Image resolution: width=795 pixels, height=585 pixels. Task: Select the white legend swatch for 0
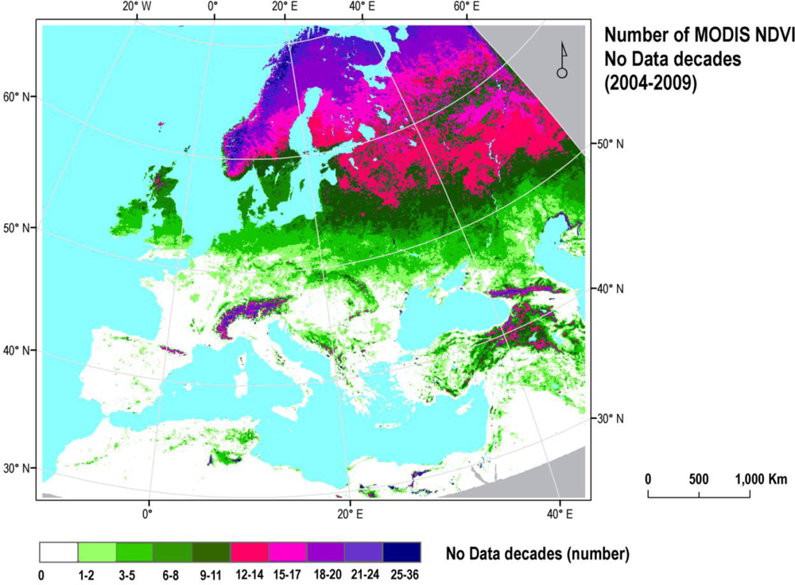(59, 552)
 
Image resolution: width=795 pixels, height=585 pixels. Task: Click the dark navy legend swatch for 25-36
(402, 552)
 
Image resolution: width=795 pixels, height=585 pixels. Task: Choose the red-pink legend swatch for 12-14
(250, 552)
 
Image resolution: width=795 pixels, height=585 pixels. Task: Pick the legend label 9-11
(211, 574)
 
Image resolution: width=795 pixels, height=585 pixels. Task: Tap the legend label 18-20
(325, 574)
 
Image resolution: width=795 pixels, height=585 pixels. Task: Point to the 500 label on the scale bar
(699, 479)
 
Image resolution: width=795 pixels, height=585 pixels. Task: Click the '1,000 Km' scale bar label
(761, 479)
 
